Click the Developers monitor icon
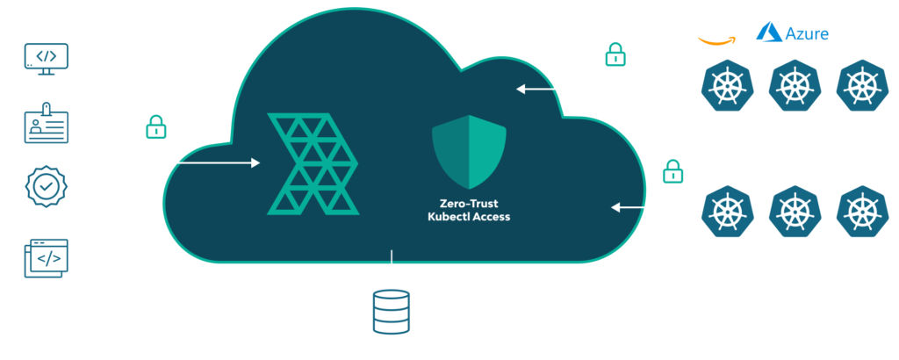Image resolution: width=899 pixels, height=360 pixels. pyautogui.click(x=46, y=58)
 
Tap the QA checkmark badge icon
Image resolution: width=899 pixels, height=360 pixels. pyautogui.click(x=46, y=188)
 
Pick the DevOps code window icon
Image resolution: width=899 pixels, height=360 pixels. pyautogui.click(x=46, y=257)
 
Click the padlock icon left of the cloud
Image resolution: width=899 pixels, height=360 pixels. pyautogui.click(x=155, y=128)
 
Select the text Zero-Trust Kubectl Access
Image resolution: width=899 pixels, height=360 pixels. pyautogui.click(x=463, y=209)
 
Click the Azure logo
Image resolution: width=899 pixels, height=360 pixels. pyautogui.click(x=793, y=33)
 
